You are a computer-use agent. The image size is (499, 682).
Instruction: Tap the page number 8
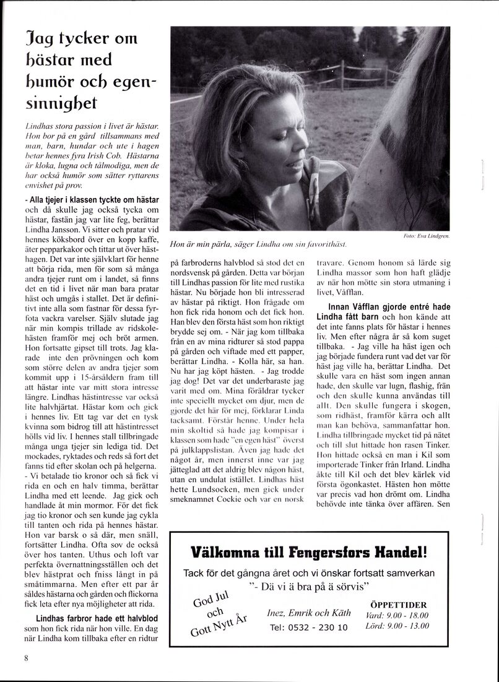[x=27, y=658]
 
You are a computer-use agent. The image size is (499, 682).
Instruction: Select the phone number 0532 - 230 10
[x=309, y=627]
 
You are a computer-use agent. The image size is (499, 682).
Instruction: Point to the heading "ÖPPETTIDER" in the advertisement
[x=398, y=605]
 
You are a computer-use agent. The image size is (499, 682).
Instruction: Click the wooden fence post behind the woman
[x=342, y=74]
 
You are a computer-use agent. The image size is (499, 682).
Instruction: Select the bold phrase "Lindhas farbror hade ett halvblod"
[x=97, y=618]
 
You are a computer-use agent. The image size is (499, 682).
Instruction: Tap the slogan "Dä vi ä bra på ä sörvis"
[x=309, y=585]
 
